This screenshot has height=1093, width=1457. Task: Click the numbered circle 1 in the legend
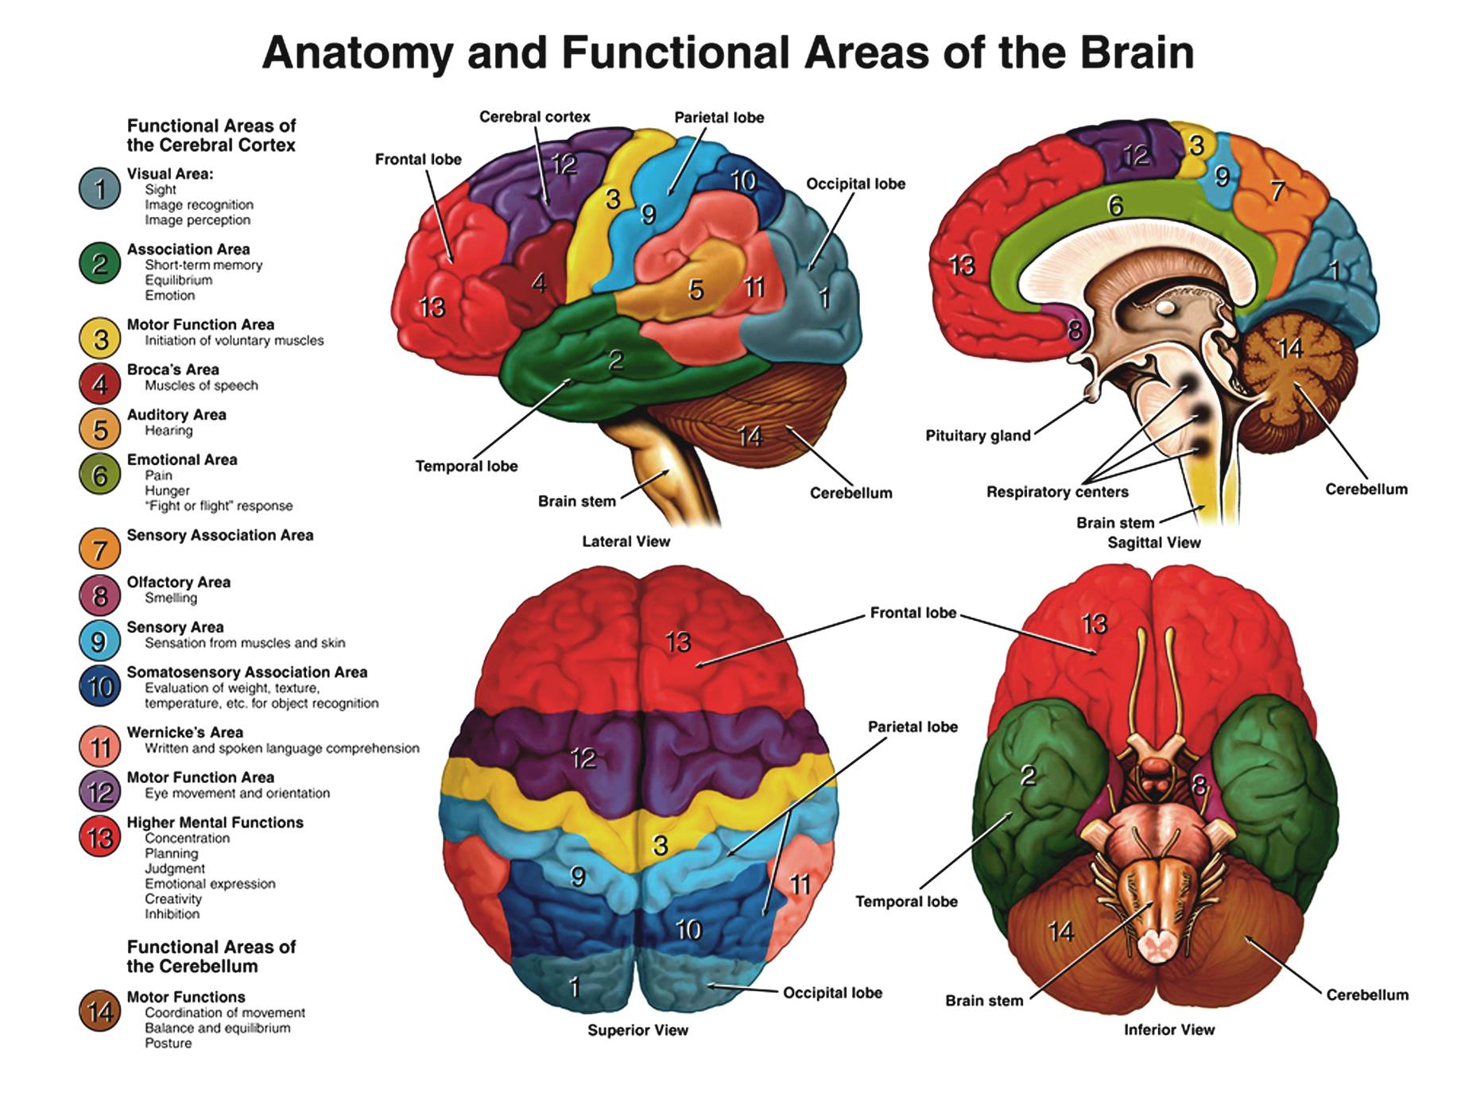point(99,189)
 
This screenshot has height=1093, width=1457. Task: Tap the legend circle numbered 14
point(99,1012)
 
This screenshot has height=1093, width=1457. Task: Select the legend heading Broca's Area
point(172,370)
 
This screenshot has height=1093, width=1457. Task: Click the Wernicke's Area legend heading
point(185,732)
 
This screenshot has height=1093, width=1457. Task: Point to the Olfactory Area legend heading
point(179,582)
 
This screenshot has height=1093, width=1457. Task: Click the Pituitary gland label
point(978,436)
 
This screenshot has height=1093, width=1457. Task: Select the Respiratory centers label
point(1057,492)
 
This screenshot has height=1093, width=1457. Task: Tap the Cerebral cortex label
point(534,117)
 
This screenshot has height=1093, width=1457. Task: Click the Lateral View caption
point(626,541)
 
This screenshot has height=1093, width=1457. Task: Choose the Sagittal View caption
point(1154,543)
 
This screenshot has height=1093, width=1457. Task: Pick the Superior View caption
point(637,1030)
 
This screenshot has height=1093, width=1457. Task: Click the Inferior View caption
point(1169,1030)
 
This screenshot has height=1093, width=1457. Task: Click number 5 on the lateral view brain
point(696,290)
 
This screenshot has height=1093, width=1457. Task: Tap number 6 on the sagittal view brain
point(1115,207)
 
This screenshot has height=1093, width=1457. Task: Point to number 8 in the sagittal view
point(1075,330)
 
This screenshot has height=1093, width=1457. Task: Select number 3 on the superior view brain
point(660,846)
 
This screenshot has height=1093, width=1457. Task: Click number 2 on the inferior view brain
point(1028,775)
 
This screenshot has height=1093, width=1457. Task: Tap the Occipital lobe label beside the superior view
point(832,993)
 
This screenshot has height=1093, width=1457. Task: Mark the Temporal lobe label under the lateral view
point(467,467)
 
